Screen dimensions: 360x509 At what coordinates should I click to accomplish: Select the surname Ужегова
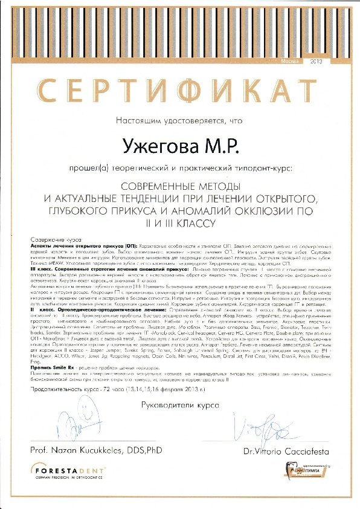pyautogui.click(x=155, y=145)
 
